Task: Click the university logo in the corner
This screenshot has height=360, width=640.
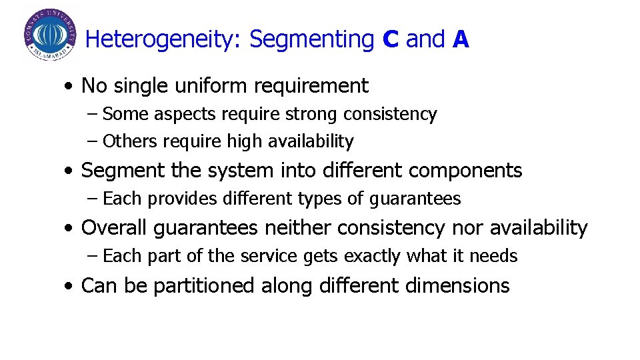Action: coord(50,35)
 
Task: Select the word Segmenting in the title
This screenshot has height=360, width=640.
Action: coord(311,40)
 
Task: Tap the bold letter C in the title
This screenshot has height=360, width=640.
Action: coord(391,40)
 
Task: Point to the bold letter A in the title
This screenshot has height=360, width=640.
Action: coord(461,40)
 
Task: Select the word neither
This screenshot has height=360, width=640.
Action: coord(297,228)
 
